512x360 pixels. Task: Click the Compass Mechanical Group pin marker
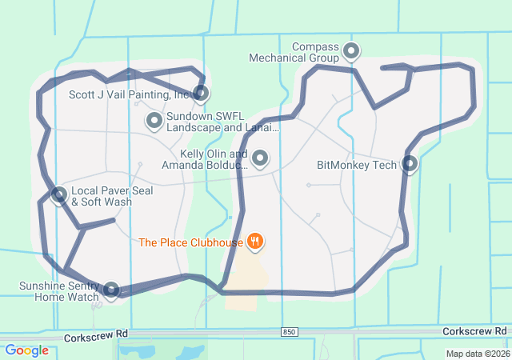[350, 53]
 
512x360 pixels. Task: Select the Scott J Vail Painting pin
[201, 94]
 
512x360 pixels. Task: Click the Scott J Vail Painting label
[129, 94]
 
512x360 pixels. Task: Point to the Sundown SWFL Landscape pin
[154, 121]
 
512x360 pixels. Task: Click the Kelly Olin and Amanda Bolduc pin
[260, 159]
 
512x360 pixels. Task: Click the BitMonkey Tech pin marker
[410, 165]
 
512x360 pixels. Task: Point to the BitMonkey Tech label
[357, 166]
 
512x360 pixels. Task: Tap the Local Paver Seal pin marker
[58, 195]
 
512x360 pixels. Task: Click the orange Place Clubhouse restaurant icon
[255, 241]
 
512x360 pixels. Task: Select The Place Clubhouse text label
[191, 242]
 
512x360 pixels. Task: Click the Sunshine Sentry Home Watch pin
[111, 290]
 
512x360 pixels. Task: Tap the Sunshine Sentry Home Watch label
[60, 291]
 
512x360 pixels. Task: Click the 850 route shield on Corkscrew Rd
[289, 331]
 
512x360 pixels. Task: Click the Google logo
[26, 350]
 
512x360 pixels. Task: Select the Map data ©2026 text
[477, 354]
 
